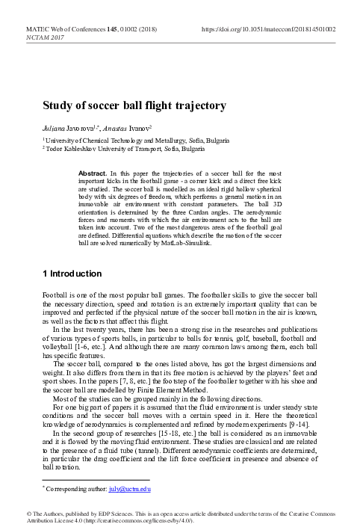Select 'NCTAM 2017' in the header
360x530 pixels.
[x=46, y=36]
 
